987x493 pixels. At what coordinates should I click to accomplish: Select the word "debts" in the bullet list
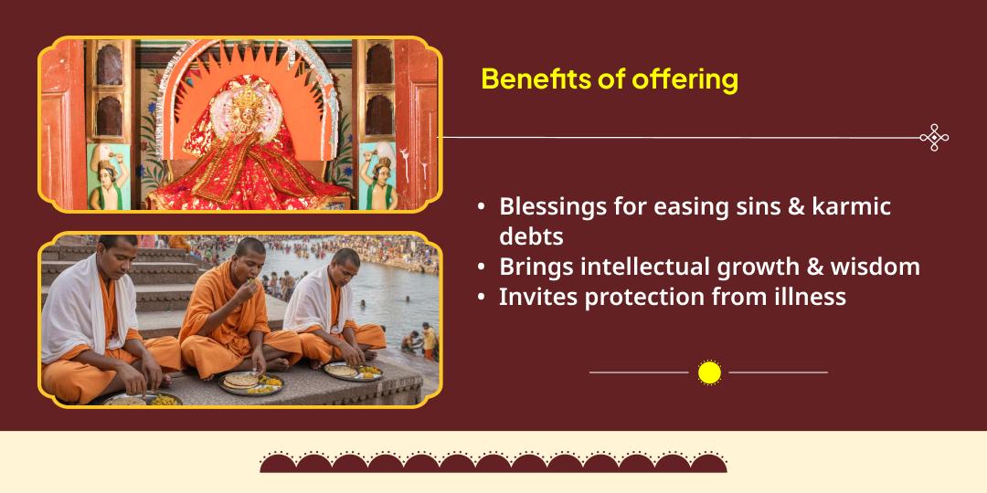click(x=531, y=236)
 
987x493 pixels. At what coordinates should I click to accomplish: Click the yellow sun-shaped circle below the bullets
click(x=709, y=372)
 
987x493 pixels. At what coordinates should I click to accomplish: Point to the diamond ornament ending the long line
click(x=934, y=138)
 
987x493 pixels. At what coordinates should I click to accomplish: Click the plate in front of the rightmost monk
click(x=353, y=371)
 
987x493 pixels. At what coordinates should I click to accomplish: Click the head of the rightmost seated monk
click(x=345, y=262)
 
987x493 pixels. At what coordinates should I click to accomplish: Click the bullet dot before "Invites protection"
click(x=482, y=297)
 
